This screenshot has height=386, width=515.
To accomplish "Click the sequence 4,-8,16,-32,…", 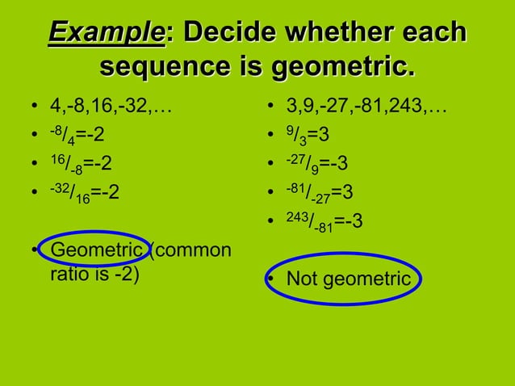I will click(x=112, y=106).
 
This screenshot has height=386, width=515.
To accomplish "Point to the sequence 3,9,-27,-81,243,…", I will click(x=367, y=106).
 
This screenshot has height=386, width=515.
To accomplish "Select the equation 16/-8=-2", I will click(x=81, y=164).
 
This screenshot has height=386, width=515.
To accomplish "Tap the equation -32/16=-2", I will click(x=85, y=193).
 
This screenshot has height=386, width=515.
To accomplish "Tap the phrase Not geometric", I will click(x=349, y=279).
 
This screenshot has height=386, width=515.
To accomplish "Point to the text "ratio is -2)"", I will click(x=94, y=275).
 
